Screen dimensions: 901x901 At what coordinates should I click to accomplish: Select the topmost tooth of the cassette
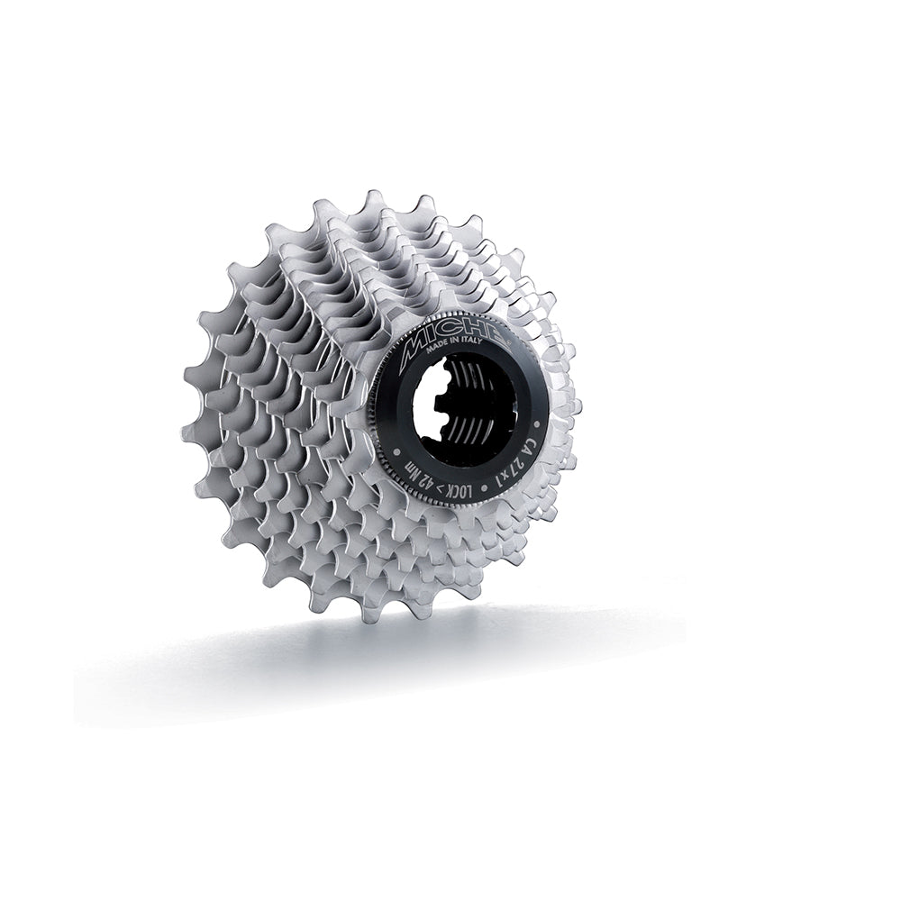coord(371,196)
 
